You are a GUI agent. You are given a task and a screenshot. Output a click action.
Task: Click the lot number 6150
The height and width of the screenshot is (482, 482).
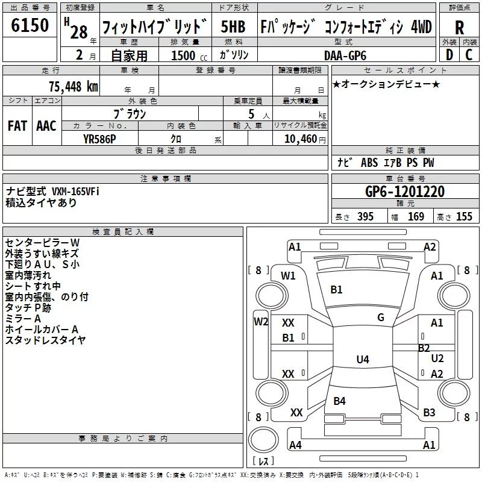30,26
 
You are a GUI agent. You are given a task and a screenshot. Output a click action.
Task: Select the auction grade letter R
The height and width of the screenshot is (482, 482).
459,28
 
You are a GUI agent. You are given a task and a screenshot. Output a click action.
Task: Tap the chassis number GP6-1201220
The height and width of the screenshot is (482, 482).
405,192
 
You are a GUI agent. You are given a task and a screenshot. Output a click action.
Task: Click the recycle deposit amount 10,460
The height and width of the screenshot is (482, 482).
300,139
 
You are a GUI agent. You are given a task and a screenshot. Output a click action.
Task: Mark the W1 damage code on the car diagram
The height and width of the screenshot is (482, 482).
288,276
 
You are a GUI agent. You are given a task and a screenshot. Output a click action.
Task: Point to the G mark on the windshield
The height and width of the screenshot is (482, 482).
381,318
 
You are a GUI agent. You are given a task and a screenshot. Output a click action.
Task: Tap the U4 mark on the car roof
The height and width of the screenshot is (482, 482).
362,360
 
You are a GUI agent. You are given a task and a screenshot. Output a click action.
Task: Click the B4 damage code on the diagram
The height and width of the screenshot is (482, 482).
339,401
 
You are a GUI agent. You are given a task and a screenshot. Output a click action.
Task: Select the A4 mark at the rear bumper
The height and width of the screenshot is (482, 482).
295,445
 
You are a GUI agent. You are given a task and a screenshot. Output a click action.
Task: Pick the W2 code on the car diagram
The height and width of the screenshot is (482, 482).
261,321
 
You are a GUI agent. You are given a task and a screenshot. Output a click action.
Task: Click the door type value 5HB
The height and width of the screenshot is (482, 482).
233,27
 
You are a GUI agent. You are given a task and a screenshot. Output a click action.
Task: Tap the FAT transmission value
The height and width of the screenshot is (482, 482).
17,126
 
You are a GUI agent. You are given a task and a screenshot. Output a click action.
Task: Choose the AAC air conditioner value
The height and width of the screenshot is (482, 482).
46,126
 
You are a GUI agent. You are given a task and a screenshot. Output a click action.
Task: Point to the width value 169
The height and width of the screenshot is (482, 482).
416,217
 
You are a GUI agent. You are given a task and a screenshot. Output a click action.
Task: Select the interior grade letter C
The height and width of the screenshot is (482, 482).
469,55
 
